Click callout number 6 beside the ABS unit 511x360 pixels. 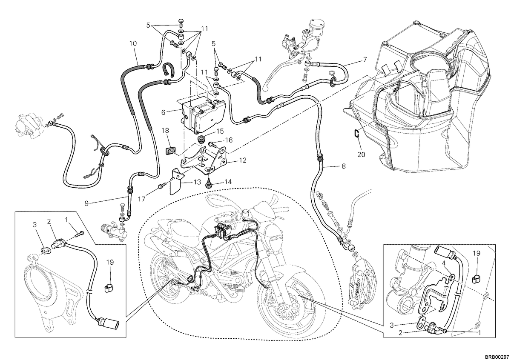click(163, 112)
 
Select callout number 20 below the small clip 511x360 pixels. click(361, 154)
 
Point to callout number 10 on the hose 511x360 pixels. click(133, 43)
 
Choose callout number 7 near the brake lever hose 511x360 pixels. click(365, 60)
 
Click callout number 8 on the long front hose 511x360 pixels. click(344, 166)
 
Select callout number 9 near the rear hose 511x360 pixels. click(86, 203)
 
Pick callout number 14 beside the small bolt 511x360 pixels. click(228, 182)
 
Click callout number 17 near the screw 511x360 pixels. click(142, 199)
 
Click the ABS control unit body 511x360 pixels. click(204, 115)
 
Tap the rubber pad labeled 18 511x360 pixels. click(170, 151)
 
